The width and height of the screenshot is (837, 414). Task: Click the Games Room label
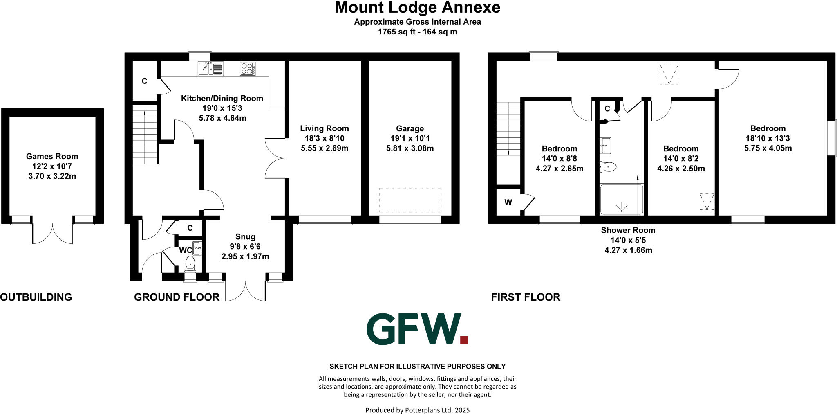52,156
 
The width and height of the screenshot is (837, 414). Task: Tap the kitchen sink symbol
210,69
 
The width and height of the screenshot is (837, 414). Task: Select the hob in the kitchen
248,69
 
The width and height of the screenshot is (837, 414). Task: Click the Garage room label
410,128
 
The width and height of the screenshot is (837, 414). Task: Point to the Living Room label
325,128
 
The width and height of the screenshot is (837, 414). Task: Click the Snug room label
245,237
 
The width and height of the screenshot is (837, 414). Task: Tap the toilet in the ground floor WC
190,264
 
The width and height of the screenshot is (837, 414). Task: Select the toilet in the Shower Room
609,167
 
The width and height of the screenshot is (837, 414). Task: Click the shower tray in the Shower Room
621,200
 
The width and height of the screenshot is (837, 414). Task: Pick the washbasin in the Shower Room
605,145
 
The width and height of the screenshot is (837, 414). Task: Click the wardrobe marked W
508,202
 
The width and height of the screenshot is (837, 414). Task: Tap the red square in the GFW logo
464,339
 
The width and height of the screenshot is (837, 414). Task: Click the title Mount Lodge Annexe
417,8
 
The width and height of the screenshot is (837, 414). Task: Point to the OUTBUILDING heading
36,297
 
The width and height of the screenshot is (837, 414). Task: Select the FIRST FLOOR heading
526,297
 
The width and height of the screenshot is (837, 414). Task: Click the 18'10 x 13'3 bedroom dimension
768,138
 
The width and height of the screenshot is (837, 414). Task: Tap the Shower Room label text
628,230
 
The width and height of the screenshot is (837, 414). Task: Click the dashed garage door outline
410,200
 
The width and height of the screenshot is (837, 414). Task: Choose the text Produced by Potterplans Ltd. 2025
417,410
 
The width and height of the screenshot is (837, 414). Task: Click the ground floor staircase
145,134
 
